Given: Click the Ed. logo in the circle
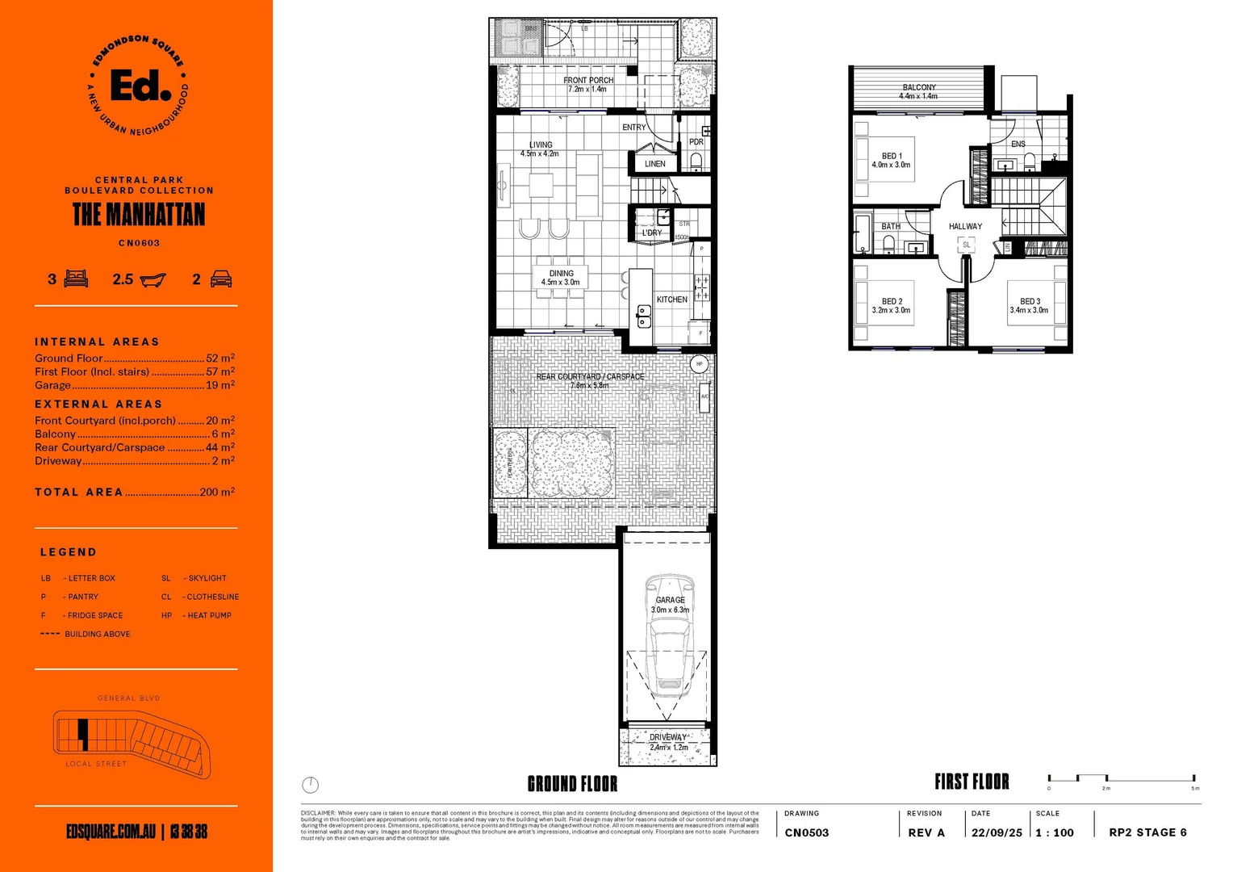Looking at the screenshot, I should pos(140,85).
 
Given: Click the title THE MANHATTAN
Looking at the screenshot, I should pos(139,215).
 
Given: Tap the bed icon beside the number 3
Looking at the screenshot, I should pos(76,279).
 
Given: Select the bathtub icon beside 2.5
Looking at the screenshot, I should pos(153,280).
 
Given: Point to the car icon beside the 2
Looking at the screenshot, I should pos(221,279).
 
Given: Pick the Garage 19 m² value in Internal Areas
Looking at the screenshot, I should pos(219,385).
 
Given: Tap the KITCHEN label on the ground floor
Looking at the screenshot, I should pos(671,300).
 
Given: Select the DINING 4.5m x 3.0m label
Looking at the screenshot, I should pos(561,278).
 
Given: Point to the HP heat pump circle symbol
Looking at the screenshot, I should pos(699,364).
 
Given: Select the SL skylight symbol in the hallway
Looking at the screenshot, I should pos(967,245).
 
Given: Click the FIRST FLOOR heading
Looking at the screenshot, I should pos(972,782).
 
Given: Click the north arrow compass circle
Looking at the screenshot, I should pos(311,784).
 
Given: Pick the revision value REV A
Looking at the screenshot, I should pos(926,832).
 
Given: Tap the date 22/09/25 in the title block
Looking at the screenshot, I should pos(996,832).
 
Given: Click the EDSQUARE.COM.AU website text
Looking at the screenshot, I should pos(111,832).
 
